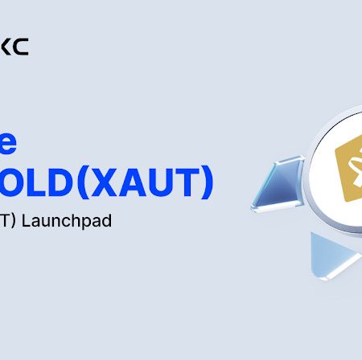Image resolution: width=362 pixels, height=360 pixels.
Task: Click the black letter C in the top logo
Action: click(x=22, y=47)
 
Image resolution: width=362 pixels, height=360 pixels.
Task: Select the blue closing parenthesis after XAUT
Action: click(x=209, y=184)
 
